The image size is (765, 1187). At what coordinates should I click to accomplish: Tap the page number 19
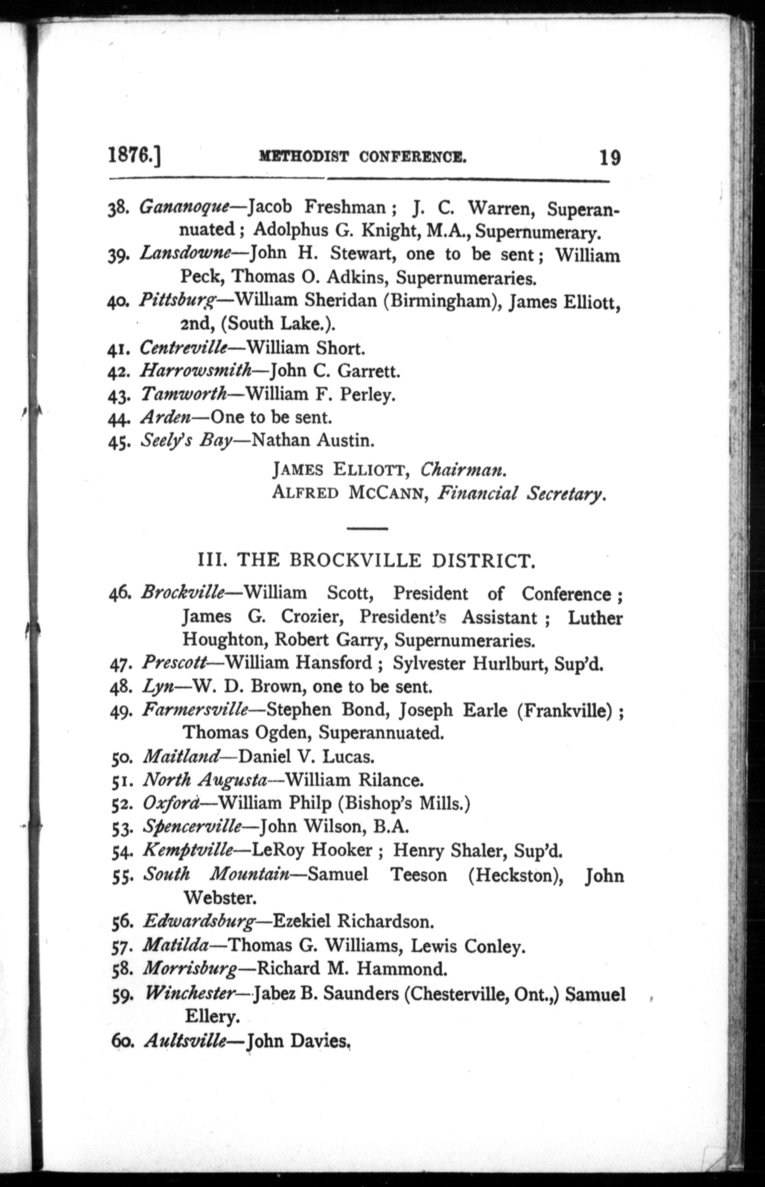tap(609, 158)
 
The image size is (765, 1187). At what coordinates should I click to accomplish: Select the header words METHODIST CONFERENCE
tap(363, 158)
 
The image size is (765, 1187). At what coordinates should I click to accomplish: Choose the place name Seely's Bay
tap(186, 441)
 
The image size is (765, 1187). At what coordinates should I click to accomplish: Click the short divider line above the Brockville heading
tap(367, 528)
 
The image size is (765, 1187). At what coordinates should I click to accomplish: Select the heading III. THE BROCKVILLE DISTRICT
tap(367, 561)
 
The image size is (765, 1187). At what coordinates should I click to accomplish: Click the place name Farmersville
tap(195, 709)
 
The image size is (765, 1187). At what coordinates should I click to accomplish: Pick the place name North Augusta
tap(205, 780)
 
